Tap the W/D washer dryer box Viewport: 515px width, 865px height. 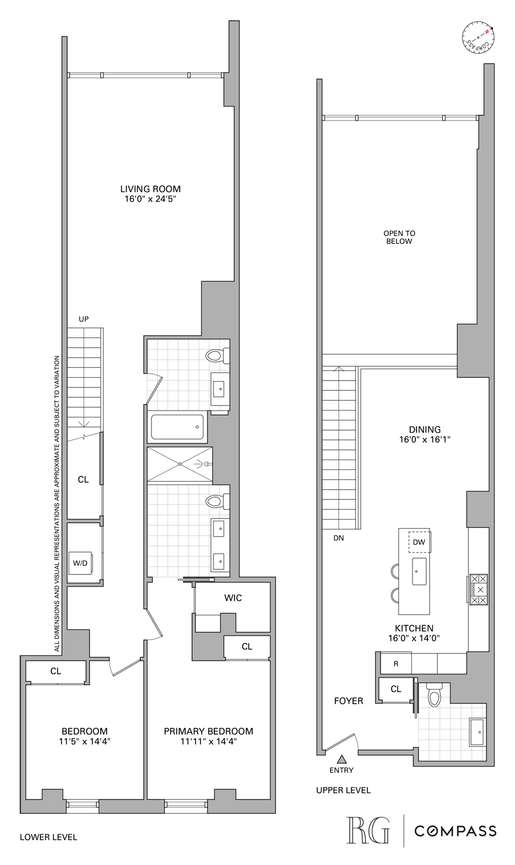pyautogui.click(x=80, y=563)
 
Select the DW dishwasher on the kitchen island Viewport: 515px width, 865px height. pyautogui.click(x=419, y=542)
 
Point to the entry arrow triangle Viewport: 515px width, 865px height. pyautogui.click(x=342, y=759)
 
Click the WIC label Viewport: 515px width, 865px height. pyautogui.click(x=233, y=598)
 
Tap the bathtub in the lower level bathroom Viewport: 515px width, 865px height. pyautogui.click(x=177, y=427)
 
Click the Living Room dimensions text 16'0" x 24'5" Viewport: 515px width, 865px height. pyautogui.click(x=150, y=200)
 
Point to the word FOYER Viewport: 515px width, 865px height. pyautogui.click(x=349, y=701)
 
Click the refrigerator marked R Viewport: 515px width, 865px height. pyautogui.click(x=396, y=664)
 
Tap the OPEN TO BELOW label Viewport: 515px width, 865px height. pyautogui.click(x=399, y=238)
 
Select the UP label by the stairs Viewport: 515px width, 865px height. pyautogui.click(x=84, y=319)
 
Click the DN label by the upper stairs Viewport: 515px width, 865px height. pyautogui.click(x=339, y=539)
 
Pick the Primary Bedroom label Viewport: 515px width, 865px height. pyautogui.click(x=209, y=731)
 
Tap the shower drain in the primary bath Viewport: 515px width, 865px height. pyautogui.click(x=180, y=464)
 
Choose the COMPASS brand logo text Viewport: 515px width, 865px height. pyautogui.click(x=456, y=831)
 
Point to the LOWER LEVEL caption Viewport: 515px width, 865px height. pyautogui.click(x=48, y=837)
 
